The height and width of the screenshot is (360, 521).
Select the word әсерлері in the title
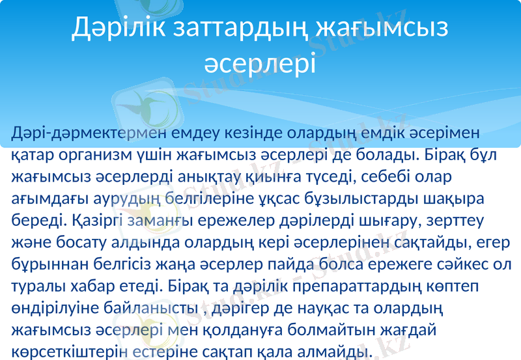[x=260, y=64]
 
